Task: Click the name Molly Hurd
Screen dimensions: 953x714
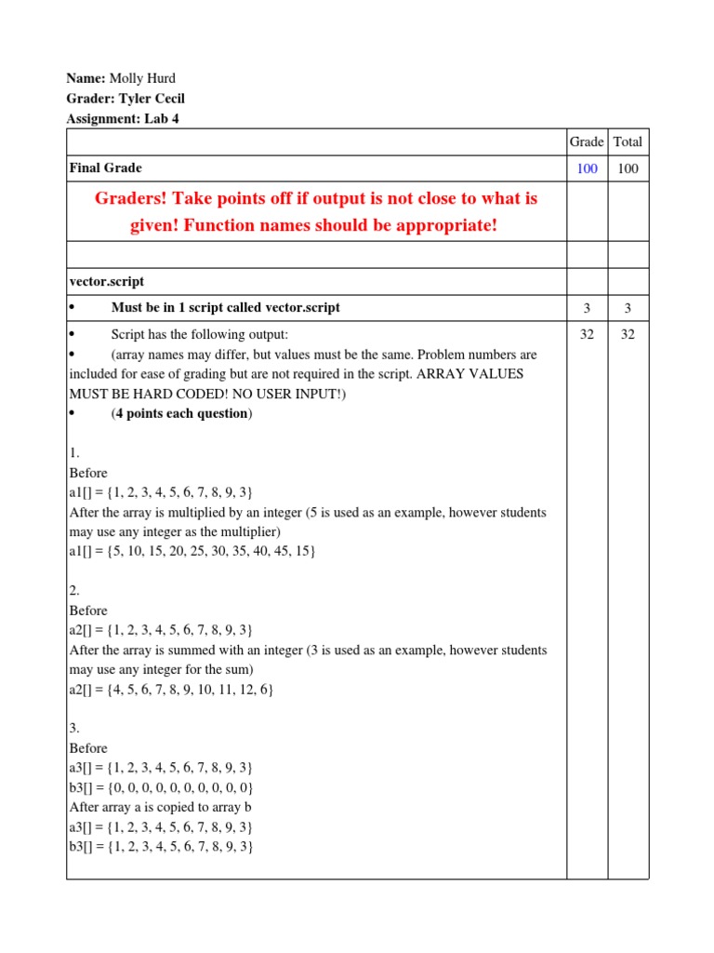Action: point(142,78)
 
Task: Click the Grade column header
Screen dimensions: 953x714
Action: point(587,141)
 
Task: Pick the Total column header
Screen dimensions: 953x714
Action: point(628,141)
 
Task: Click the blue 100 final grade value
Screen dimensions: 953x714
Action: point(587,168)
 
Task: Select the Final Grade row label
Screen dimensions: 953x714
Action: point(106,168)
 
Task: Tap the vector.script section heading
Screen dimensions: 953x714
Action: point(107,280)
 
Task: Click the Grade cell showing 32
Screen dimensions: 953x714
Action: point(587,334)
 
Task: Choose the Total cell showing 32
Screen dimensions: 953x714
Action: point(628,334)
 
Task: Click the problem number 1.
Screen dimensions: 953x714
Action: point(74,452)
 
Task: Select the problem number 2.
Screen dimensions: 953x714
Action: point(74,590)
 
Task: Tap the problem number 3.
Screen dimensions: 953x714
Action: point(74,728)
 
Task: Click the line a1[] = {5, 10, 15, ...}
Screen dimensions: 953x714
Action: point(192,551)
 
